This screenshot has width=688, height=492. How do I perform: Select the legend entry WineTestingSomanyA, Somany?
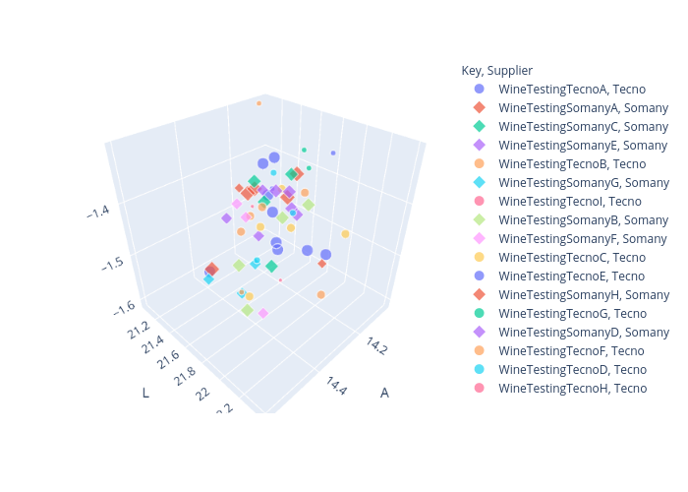tap(570, 107)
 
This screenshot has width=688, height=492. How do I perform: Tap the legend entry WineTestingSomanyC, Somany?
tap(570, 126)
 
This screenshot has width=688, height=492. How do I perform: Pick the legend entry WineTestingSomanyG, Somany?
tap(570, 182)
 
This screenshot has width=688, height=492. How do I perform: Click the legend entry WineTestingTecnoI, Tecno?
tap(560, 201)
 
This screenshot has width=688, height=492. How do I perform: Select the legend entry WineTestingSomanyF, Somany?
tap(569, 238)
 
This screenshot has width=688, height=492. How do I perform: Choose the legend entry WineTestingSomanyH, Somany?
tap(570, 294)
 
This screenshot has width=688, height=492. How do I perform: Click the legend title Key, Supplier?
tap(496, 70)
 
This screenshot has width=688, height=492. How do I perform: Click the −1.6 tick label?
tap(123, 308)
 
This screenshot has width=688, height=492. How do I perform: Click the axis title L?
tap(145, 393)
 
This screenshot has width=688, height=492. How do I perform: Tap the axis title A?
tap(384, 393)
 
